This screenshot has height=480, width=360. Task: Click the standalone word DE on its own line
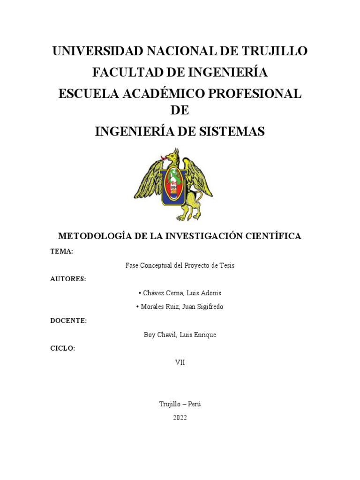click(180, 111)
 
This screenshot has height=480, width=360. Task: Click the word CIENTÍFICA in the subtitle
click(273, 236)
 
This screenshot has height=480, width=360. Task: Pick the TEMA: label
click(61, 252)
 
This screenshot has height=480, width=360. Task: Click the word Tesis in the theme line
click(226, 265)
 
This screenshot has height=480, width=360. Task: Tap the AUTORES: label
click(68, 279)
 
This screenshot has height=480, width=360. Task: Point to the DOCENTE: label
click(68, 321)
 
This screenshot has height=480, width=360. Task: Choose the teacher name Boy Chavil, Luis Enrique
click(180, 335)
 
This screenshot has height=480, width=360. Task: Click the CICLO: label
click(62, 348)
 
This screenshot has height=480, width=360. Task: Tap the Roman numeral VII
click(180, 362)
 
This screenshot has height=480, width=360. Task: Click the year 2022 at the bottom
click(180, 418)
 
